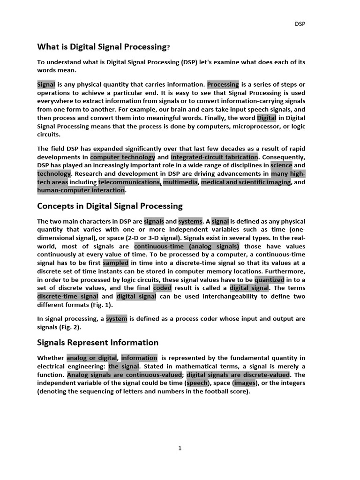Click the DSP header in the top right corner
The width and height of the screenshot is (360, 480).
coord(299,23)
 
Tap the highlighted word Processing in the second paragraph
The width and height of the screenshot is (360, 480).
coord(223,84)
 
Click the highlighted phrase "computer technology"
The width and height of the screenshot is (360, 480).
coord(123,157)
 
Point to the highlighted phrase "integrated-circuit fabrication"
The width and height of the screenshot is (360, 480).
coord(214,157)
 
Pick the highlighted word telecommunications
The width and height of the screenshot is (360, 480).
coord(129,182)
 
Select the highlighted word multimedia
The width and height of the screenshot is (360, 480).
coord(180,182)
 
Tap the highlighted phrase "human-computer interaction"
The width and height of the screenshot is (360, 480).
coord(81,190)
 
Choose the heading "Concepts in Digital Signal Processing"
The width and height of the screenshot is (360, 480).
coord(110,206)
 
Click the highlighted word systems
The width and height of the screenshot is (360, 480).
coord(190,221)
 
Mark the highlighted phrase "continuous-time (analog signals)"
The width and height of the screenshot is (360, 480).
coord(187,247)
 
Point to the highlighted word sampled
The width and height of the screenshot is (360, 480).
coord(116,263)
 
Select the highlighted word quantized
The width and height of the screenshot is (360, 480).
coord(270,280)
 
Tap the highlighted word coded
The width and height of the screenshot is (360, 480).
coord(162,288)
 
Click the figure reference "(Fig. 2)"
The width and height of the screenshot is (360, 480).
coord(69,328)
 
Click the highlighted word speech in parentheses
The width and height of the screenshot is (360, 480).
coord(197,383)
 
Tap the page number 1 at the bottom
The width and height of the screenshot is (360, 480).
coord(180,449)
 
